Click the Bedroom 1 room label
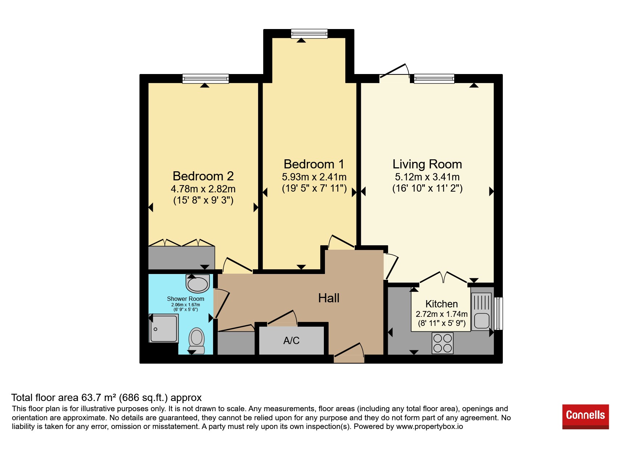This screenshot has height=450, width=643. (314, 164)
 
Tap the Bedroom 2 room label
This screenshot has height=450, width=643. (203, 176)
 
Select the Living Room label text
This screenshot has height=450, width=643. (427, 164)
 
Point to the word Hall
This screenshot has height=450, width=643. (329, 298)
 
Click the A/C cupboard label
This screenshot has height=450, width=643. (291, 340)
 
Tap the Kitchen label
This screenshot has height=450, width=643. (441, 304)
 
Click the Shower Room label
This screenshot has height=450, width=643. (186, 299)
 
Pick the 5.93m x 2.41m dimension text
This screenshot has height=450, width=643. (314, 177)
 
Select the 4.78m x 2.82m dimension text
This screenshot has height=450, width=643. (203, 189)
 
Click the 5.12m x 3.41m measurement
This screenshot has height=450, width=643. (427, 177)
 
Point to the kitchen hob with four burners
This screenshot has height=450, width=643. (443, 343)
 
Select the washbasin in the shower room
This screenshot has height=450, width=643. (198, 283)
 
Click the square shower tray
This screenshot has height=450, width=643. (164, 328)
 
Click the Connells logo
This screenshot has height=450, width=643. (585, 417)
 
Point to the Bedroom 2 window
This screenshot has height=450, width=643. (205, 78)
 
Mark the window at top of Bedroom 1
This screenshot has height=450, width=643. (309, 33)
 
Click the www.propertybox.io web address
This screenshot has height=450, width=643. (430, 426)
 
